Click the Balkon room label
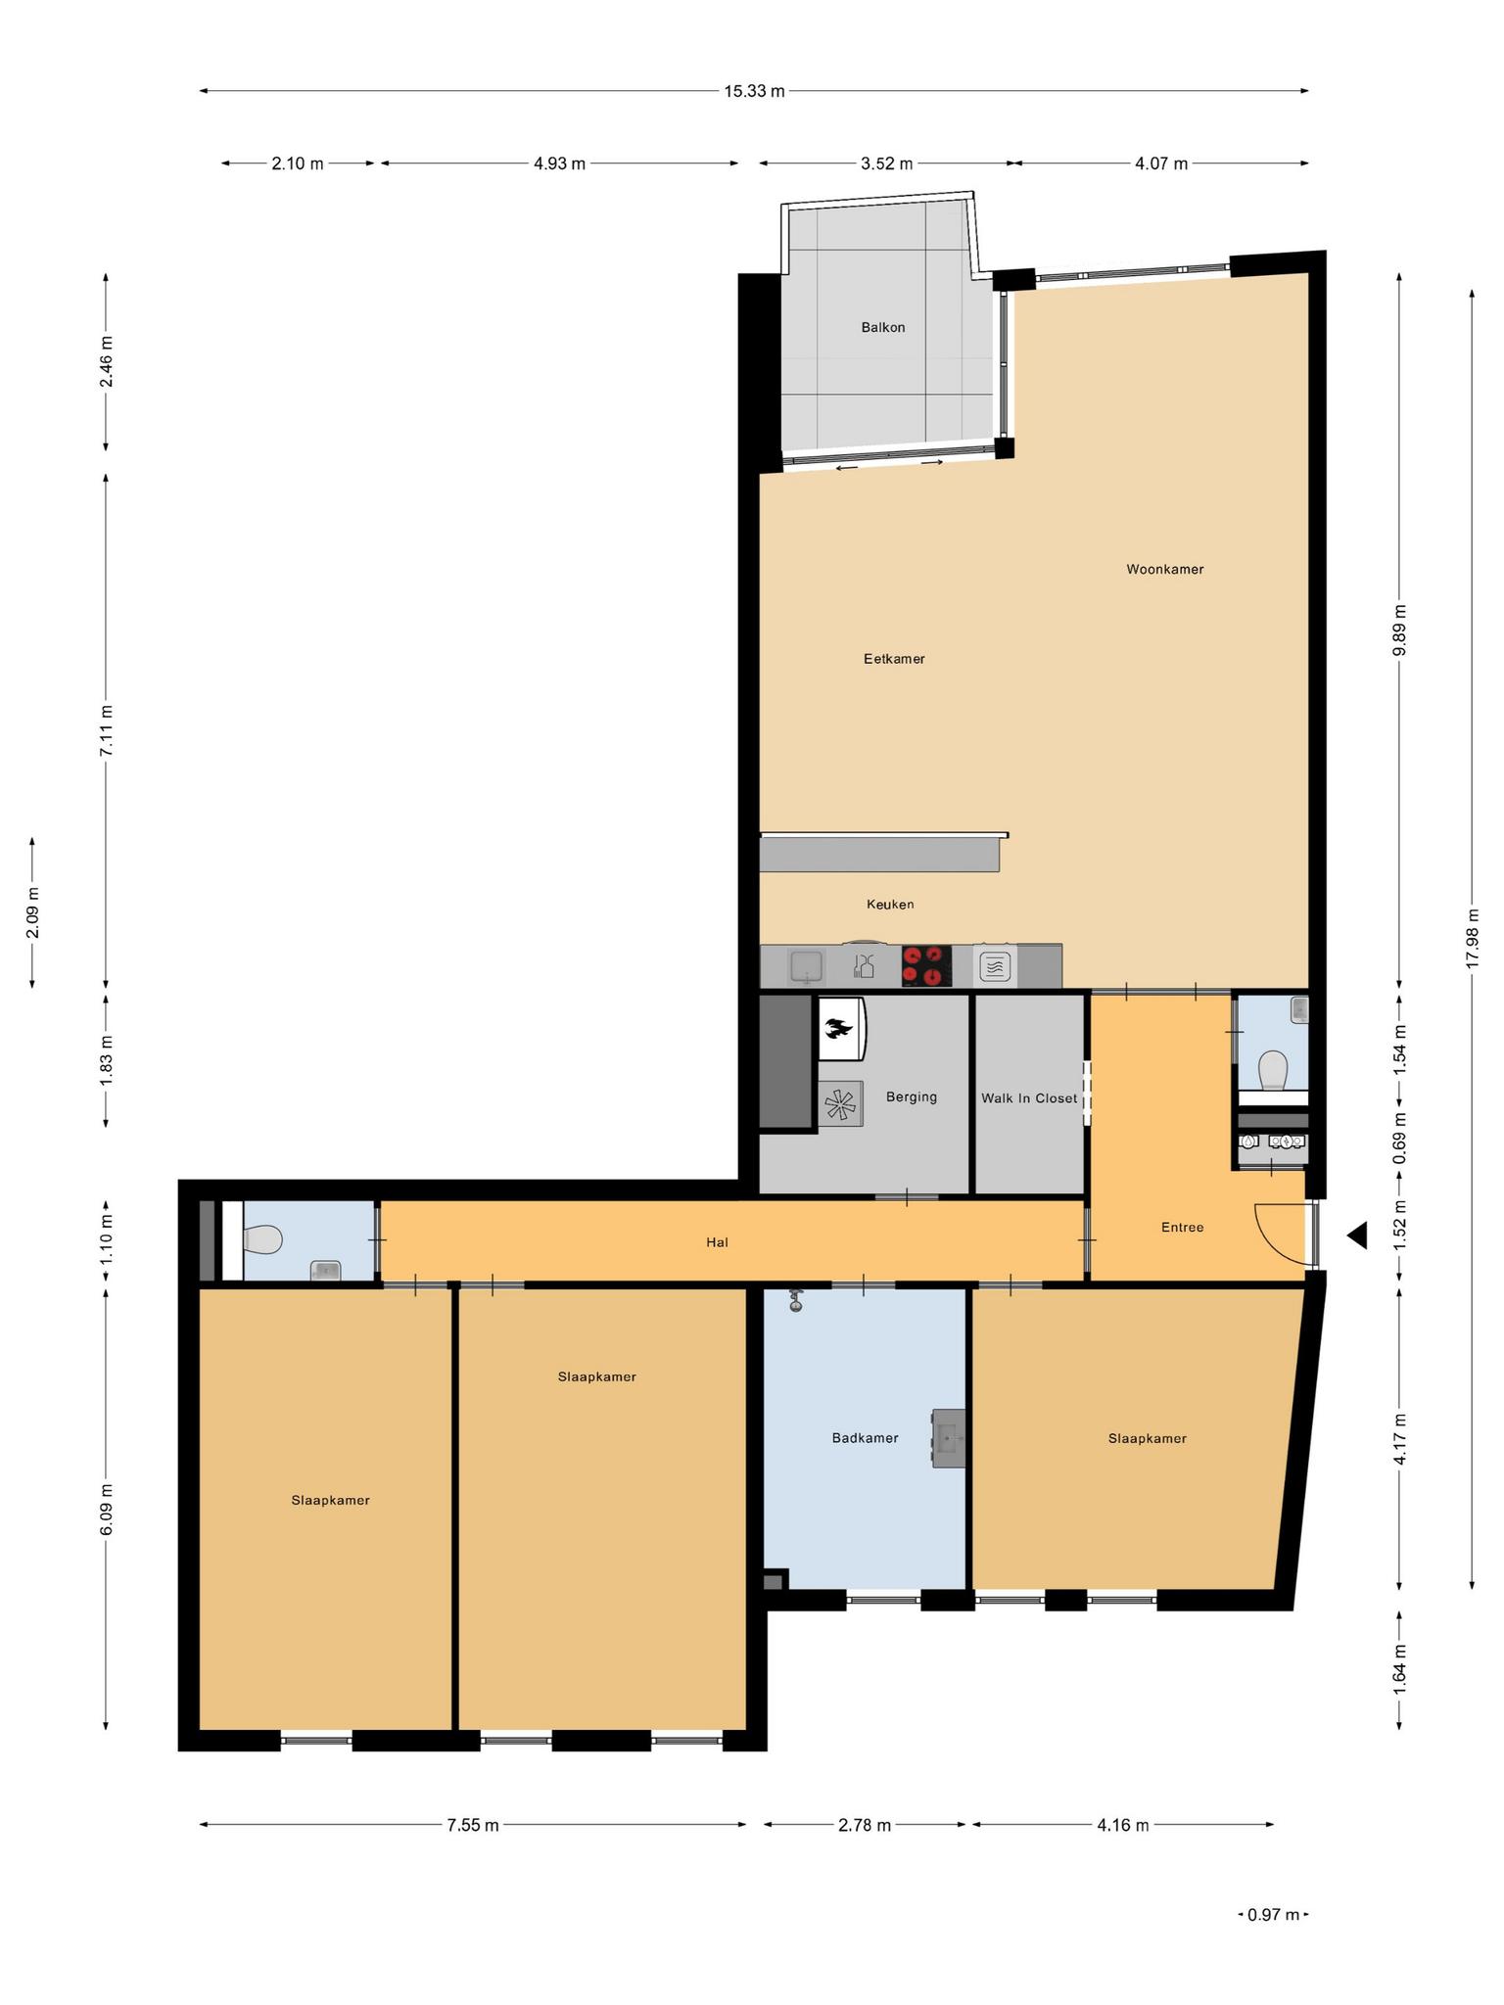882,327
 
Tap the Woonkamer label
1164,569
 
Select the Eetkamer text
894,659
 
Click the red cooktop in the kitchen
926,965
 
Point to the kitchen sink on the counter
808,966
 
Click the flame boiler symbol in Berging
840,1028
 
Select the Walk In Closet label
1029,1098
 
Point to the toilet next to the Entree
1273,1070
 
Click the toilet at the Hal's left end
262,1240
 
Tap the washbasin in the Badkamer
948,1438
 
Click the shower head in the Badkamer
796,1301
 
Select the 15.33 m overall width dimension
754,91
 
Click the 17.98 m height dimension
1472,938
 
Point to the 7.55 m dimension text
473,1825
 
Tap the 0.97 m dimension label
1273,1915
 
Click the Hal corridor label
717,1242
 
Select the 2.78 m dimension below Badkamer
865,1825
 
